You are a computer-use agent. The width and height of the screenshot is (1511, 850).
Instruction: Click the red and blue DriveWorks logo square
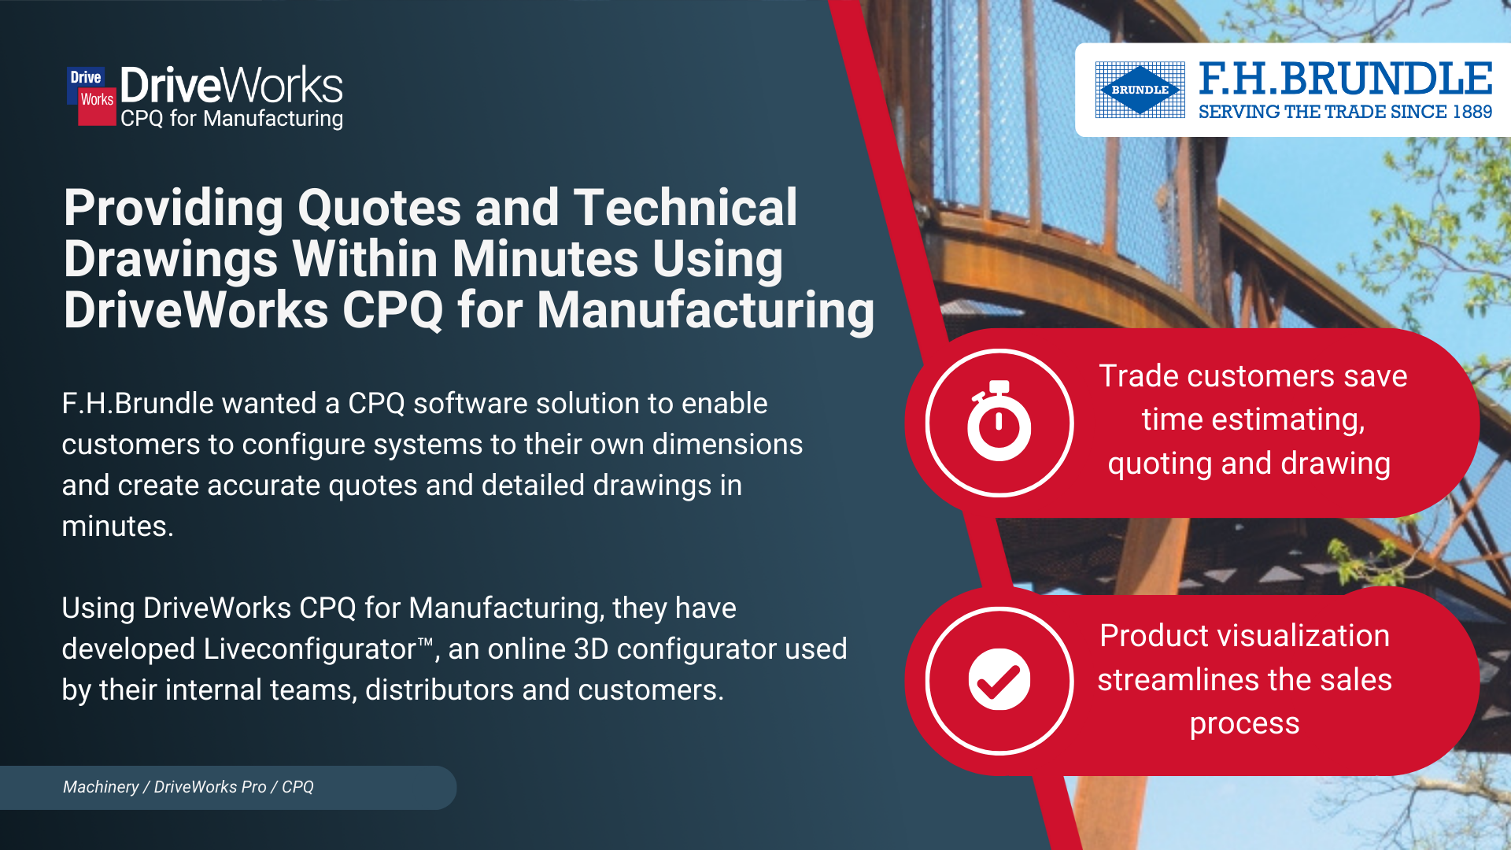click(x=91, y=96)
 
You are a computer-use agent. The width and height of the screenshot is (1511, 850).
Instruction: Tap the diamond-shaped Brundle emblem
click(x=1140, y=90)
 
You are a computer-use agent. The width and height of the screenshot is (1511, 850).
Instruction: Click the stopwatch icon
click(x=999, y=421)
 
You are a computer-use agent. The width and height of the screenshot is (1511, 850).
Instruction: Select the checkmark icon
click(x=999, y=679)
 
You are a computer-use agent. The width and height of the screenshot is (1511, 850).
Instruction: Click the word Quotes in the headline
click(x=379, y=208)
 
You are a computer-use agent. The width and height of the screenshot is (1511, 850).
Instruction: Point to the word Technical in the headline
click(x=685, y=208)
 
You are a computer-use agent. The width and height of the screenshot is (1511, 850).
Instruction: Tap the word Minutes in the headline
click(x=545, y=259)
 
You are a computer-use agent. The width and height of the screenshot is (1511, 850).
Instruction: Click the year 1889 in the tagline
click(x=1472, y=112)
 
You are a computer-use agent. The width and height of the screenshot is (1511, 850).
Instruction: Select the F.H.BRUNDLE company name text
click(x=1346, y=79)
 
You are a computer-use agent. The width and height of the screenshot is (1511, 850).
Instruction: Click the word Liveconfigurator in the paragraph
click(x=309, y=649)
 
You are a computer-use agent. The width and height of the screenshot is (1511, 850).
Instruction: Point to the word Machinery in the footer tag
click(x=101, y=787)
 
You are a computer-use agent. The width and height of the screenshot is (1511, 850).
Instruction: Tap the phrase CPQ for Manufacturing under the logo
click(x=232, y=119)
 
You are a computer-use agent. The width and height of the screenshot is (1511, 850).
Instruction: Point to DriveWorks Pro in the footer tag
click(x=210, y=787)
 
